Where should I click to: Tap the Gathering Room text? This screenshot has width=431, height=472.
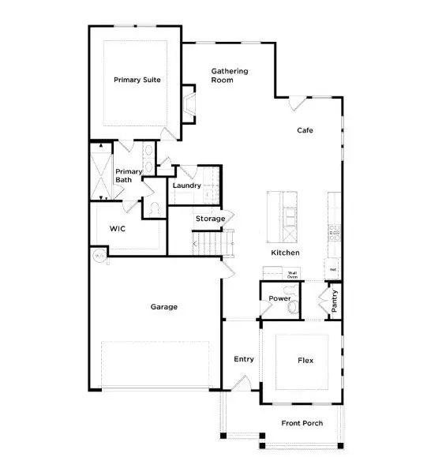229,76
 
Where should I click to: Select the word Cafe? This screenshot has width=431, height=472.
306,130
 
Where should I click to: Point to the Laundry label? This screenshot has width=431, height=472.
187,186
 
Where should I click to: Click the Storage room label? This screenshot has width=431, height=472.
211,219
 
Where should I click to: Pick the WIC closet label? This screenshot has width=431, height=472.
118,228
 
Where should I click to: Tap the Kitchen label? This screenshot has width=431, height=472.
285,253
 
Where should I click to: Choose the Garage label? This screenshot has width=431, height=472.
163,306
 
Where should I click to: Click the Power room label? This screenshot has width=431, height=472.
279,298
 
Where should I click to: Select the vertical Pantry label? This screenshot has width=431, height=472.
335,301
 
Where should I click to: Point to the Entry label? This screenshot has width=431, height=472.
244,359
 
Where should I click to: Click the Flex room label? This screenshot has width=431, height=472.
305,361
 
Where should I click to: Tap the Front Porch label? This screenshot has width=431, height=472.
302,423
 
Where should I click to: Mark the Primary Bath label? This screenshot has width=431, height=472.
129,176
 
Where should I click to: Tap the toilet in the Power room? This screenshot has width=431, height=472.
294,306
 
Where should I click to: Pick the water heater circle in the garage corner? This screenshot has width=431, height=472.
99,256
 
